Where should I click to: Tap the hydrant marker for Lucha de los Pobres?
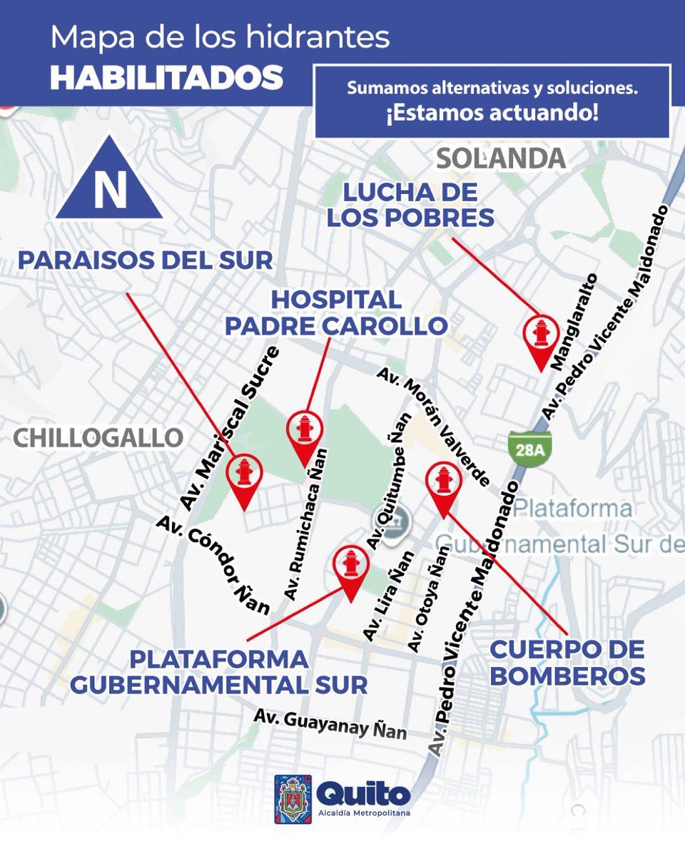540,335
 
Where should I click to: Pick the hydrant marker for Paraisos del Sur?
245,474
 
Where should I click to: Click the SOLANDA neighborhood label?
501,158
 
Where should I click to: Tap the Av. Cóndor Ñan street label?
213,564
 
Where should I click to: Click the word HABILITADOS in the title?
167,78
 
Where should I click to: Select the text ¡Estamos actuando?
492,114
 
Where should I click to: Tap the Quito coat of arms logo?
293,799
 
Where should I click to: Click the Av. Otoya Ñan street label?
428,598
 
